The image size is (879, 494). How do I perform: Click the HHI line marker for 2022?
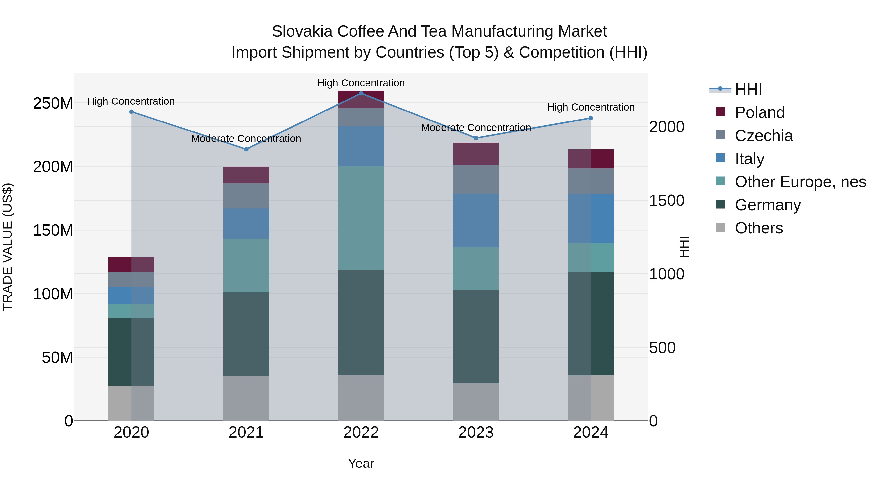(x=361, y=93)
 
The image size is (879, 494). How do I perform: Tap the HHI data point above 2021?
(x=246, y=149)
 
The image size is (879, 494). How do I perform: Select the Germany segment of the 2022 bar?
(x=361, y=322)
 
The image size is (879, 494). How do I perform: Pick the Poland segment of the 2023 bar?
(x=476, y=154)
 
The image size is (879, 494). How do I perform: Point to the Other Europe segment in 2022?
(x=361, y=218)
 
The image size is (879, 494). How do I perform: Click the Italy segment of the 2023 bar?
(x=476, y=221)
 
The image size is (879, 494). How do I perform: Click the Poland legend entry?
(x=760, y=112)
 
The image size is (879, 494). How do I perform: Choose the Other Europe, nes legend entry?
(x=800, y=182)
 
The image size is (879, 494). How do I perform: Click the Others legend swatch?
(x=720, y=227)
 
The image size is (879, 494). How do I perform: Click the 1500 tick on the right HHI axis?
(x=666, y=201)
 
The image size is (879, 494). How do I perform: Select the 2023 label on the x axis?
(x=476, y=433)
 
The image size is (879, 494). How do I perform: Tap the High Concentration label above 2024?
(x=591, y=107)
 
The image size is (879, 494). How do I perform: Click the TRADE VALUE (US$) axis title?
(x=8, y=247)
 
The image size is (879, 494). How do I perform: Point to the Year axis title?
(x=361, y=463)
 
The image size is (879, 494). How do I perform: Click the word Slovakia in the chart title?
(x=302, y=31)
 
